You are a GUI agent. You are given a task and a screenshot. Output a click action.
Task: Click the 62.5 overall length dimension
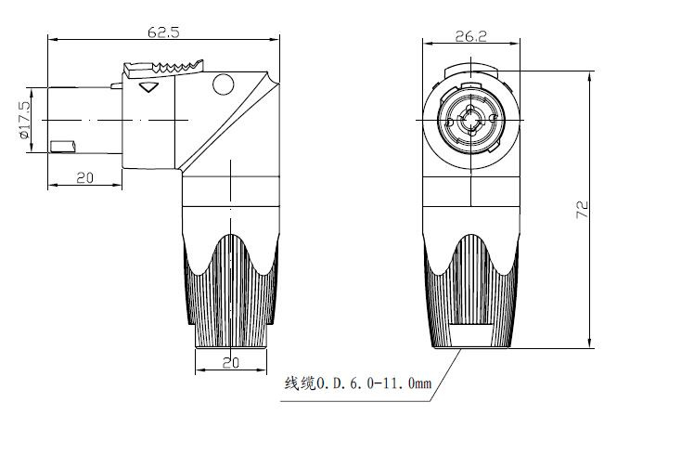pos(163,32)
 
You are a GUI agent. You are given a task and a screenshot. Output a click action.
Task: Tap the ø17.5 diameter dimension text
pos(25,120)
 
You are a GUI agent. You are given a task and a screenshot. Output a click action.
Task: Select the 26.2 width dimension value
pos(470,36)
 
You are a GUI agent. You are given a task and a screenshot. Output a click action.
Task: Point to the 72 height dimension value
pos(583,210)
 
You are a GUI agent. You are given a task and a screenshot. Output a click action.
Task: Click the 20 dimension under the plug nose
pos(84,177)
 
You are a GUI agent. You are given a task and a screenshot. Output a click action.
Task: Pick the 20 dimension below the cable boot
pos(231,363)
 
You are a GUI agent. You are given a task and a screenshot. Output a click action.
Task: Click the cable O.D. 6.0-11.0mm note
pos(358,383)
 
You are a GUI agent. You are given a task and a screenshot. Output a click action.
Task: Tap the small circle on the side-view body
pos(224,84)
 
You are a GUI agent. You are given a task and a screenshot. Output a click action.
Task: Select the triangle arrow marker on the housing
pos(148,86)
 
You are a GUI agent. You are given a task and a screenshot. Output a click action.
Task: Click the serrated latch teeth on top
pos(178,66)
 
